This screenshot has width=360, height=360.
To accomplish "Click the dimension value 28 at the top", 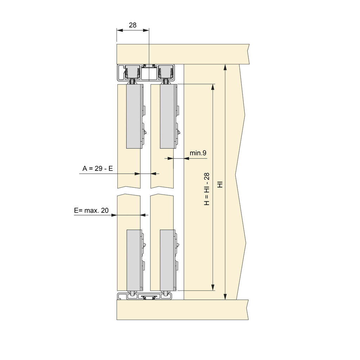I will [133, 25].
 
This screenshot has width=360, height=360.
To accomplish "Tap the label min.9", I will [198, 153].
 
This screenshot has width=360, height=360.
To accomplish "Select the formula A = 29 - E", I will [98, 169].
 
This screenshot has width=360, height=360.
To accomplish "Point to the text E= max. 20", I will [91, 211].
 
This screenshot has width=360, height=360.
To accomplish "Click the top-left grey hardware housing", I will [134, 116].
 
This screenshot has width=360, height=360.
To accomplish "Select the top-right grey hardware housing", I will [167, 116].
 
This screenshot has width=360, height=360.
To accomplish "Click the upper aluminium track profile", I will [146, 73].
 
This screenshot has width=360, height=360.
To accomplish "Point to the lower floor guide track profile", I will [144, 296].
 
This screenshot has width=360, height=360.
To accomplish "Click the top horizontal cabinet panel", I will [183, 54].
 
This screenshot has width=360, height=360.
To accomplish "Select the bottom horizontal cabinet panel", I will [183, 309].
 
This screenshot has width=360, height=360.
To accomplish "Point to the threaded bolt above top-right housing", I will [165, 82].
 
